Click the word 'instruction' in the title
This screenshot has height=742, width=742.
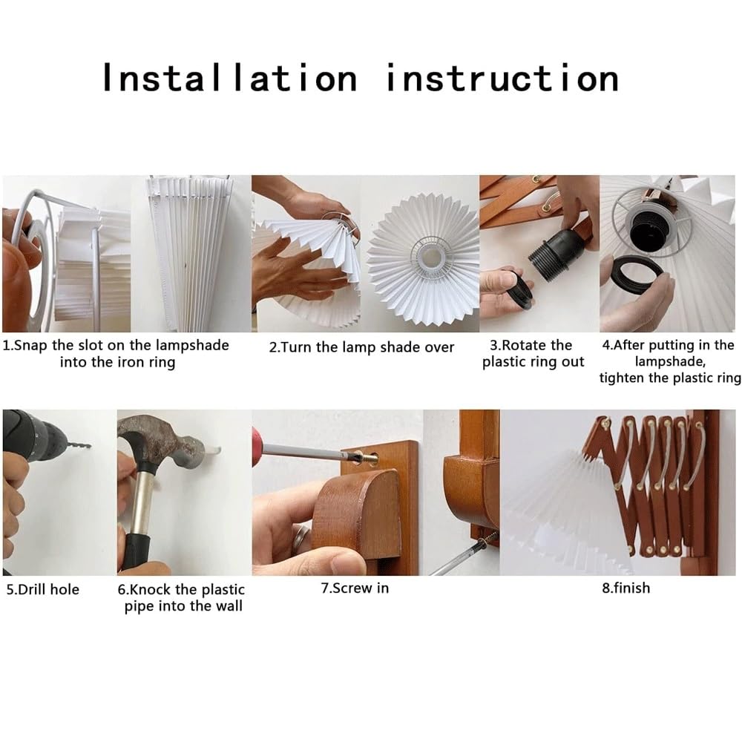502,78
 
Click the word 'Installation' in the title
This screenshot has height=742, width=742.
230,78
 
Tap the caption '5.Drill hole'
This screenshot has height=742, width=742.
42,589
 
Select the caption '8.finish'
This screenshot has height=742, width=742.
626,588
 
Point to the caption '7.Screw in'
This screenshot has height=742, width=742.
355,588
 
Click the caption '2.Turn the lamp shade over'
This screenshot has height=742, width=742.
361,347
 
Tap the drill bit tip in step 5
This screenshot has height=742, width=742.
89,445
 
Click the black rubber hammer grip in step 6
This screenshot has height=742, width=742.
136,551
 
